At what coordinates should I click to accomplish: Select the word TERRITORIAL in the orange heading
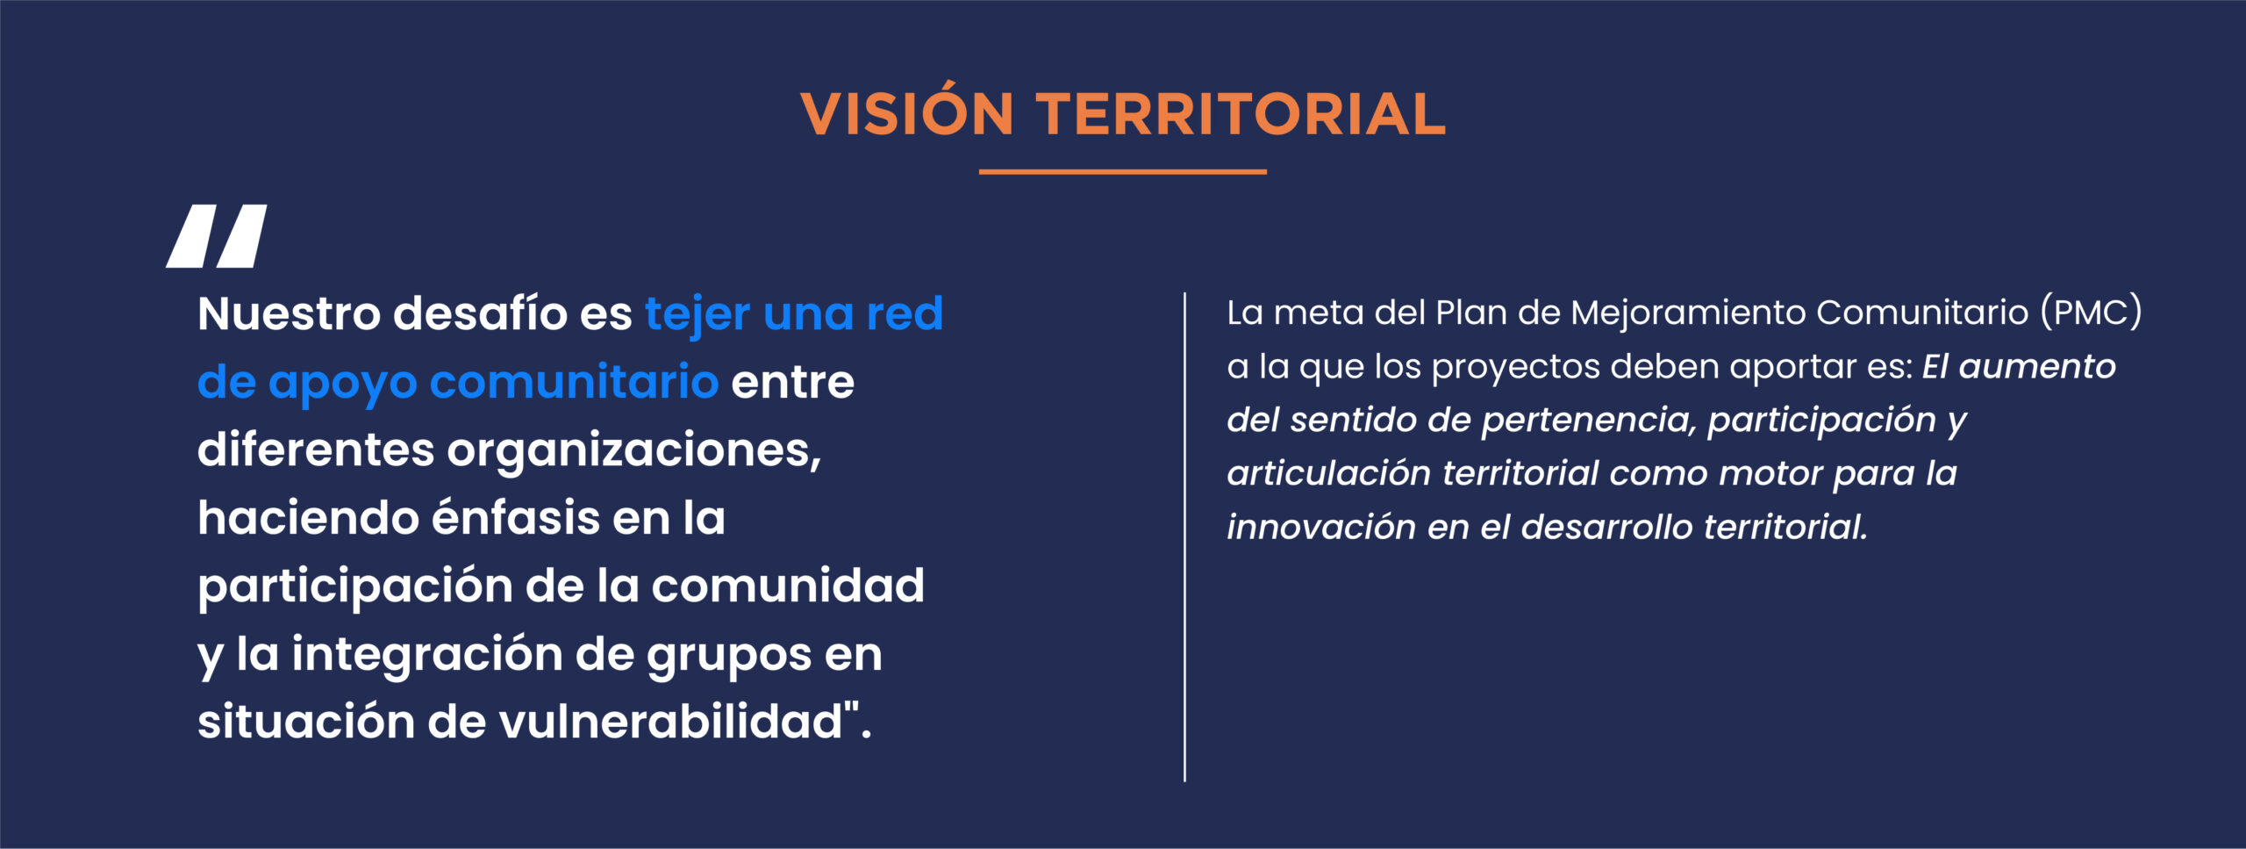1241,114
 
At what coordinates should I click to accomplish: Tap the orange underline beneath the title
1123,172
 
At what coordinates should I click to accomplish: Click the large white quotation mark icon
217,236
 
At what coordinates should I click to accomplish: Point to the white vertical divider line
1184,536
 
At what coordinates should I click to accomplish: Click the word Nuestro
290,313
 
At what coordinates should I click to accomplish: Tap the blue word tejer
697,314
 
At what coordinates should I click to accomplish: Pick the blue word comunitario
575,382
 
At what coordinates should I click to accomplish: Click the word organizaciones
633,451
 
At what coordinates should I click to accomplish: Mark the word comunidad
788,585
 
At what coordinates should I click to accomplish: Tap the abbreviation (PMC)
2092,313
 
